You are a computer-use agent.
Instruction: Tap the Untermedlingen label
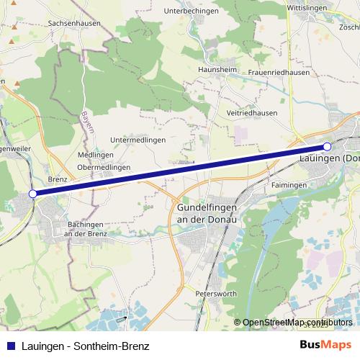click(x=138, y=140)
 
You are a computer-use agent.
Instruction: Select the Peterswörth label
click(x=217, y=294)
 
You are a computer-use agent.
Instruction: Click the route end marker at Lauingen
click(x=327, y=147)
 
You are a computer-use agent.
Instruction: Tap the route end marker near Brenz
click(x=32, y=194)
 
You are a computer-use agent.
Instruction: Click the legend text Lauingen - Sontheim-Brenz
click(x=85, y=346)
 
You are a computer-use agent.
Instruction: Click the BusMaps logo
click(x=325, y=345)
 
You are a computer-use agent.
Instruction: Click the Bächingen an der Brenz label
click(x=86, y=229)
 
